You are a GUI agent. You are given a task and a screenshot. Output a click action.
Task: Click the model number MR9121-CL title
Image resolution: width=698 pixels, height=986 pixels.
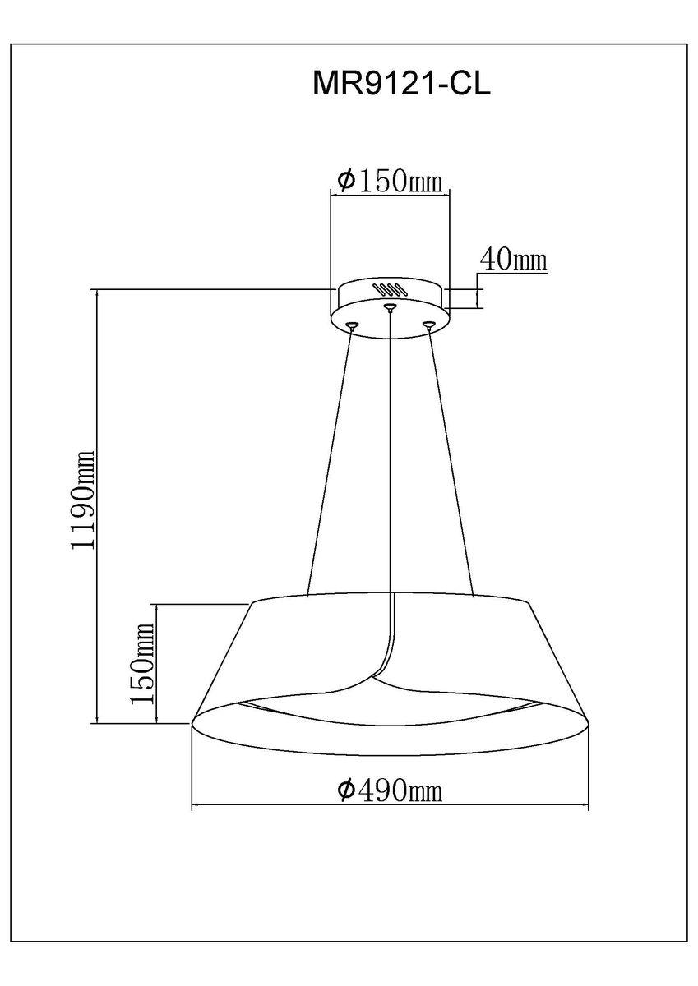pyautogui.click(x=401, y=85)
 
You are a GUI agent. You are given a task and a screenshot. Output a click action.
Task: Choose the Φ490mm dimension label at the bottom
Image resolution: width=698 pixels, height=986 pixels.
pyautogui.click(x=390, y=790)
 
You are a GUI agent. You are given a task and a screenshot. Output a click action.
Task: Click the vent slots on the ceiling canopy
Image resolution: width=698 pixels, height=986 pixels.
pyautogui.click(x=390, y=289)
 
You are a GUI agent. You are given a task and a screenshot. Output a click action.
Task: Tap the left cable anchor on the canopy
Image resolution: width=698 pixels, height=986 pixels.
pyautogui.click(x=352, y=326)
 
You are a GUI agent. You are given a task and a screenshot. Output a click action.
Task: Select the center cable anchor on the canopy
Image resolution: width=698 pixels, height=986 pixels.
pyautogui.click(x=390, y=309)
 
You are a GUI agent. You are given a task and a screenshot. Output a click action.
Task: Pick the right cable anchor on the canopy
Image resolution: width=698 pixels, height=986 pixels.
pyautogui.click(x=428, y=326)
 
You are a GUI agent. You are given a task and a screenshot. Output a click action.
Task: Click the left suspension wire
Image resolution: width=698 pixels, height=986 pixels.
pyautogui.click(x=329, y=460)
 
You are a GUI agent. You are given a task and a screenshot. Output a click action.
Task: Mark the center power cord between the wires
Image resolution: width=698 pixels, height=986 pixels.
pyautogui.click(x=390, y=460)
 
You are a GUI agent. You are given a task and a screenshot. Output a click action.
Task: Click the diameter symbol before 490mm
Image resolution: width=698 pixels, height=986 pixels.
pyautogui.click(x=346, y=790)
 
